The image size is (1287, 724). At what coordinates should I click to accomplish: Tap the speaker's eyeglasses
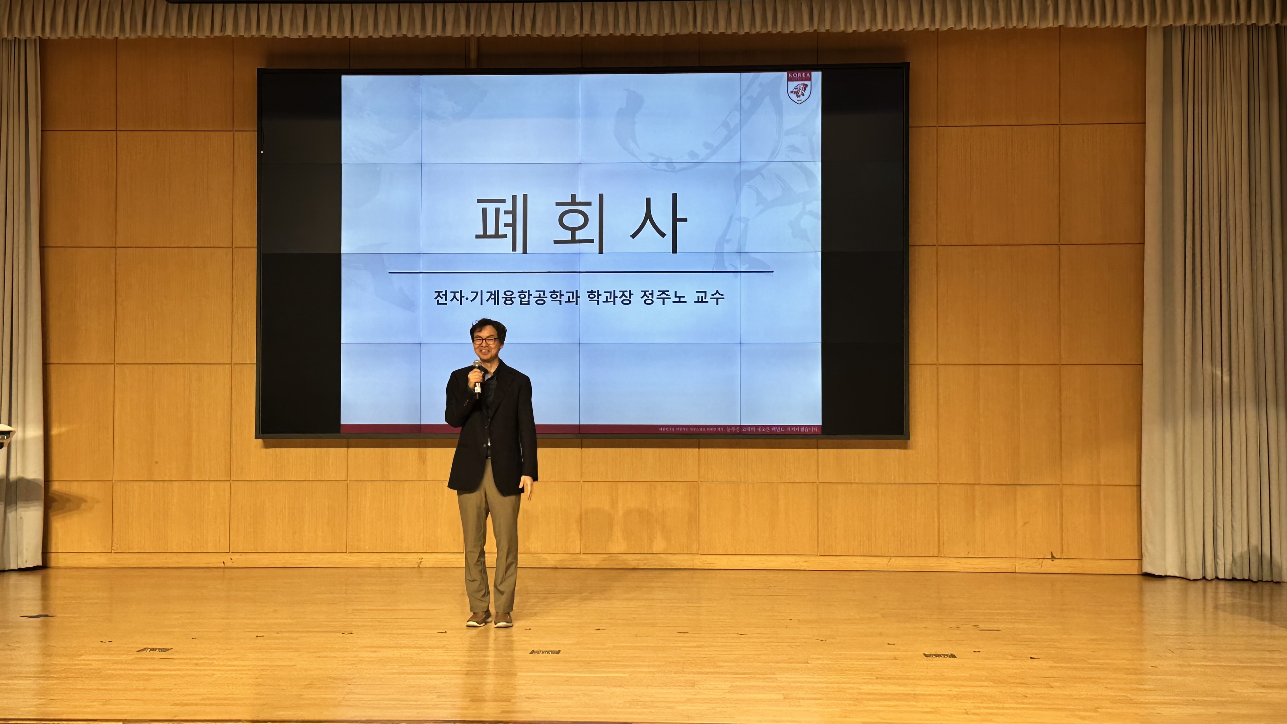coord(485,340)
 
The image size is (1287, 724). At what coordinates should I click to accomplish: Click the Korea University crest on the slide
coord(799,88)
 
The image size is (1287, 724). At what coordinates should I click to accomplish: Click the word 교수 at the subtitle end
coord(710,298)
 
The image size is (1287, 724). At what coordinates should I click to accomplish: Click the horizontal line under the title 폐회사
coord(581,272)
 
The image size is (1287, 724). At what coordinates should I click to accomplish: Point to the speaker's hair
coord(488,326)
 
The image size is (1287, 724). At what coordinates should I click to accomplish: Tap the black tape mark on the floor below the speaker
coord(545,652)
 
